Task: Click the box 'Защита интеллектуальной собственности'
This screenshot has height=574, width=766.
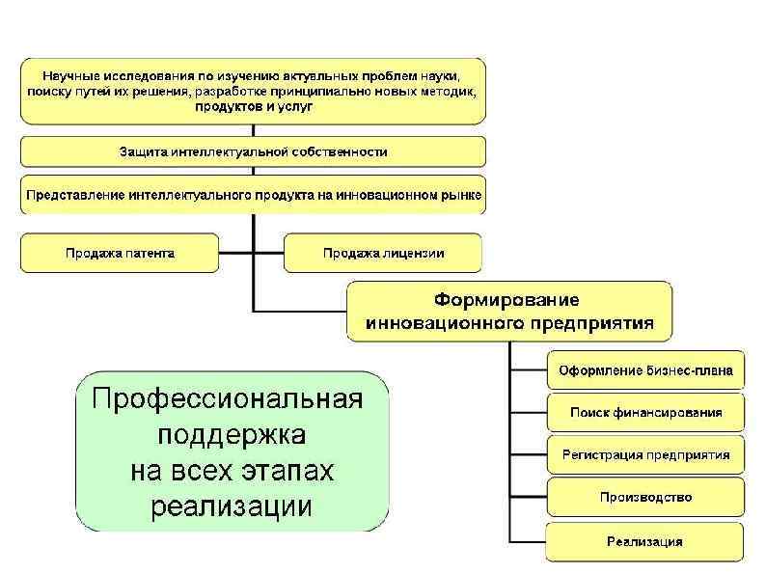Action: point(253,151)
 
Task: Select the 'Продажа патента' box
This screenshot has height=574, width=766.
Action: point(120,253)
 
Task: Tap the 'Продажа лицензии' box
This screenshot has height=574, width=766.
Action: point(383,253)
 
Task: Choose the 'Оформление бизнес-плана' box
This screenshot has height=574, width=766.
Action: point(645,369)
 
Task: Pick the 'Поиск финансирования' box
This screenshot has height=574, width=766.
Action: point(645,412)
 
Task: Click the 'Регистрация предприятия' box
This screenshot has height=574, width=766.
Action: point(645,454)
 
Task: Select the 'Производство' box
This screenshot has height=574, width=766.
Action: point(645,497)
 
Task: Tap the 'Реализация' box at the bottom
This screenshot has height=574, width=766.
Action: point(644,540)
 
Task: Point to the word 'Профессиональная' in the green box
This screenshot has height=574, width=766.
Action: point(228,399)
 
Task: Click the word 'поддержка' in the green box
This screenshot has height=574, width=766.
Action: point(228,435)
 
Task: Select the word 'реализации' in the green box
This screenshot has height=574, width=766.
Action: point(232,506)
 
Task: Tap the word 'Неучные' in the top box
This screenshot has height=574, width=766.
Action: point(71,74)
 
